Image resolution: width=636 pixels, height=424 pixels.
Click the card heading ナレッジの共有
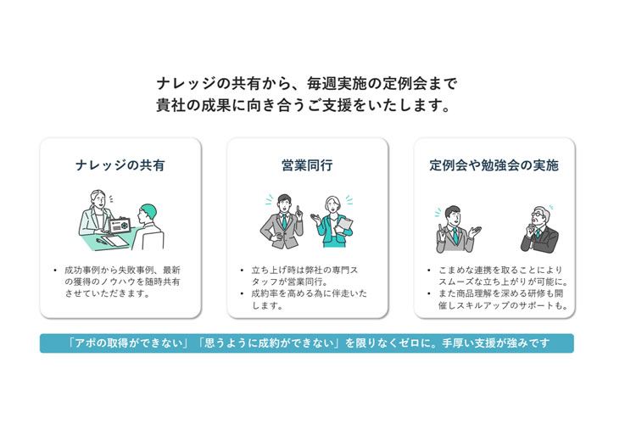[120, 165]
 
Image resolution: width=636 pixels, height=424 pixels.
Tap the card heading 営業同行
[307, 165]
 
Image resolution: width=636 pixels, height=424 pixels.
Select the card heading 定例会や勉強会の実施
[494, 165]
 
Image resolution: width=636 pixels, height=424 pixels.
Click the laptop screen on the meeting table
[120, 226]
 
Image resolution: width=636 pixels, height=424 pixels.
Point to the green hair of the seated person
[149, 209]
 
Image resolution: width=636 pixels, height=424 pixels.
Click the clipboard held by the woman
[345, 226]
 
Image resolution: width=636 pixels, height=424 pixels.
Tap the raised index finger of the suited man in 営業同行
[298, 209]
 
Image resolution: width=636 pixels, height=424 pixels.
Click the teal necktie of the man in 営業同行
[284, 221]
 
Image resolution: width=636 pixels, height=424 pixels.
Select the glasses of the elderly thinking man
[537, 215]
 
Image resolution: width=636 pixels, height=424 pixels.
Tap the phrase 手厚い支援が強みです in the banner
[496, 343]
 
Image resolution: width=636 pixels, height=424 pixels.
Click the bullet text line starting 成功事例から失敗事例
[122, 270]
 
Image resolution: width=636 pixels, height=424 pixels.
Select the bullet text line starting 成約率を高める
[309, 293]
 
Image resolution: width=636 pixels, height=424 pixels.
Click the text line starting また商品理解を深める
[500, 293]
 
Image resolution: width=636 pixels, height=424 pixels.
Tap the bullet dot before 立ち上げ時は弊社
[242, 270]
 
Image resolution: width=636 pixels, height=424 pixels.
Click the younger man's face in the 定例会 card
[454, 217]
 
